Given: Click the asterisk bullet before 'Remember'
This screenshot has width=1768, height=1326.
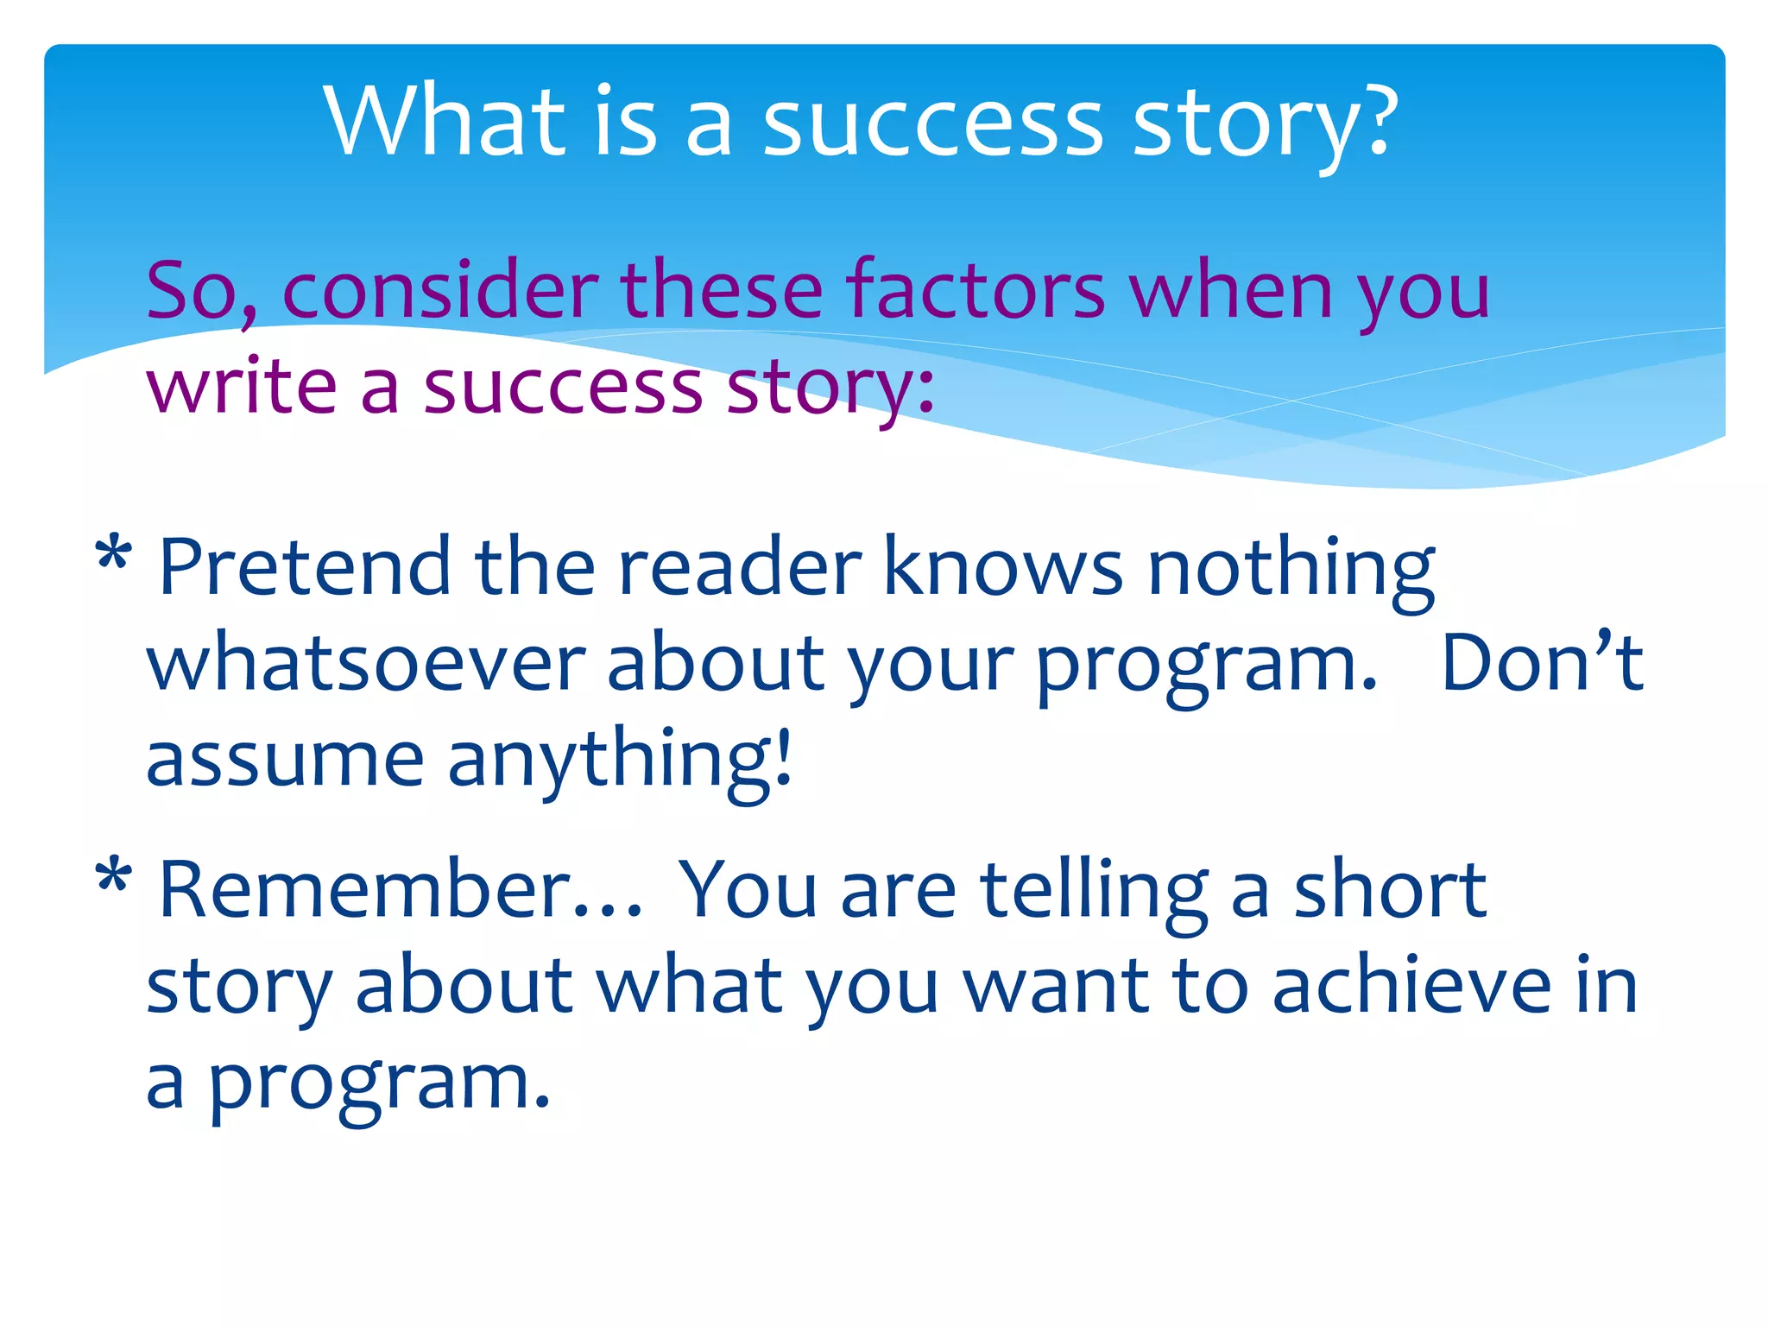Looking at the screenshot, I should (x=113, y=879).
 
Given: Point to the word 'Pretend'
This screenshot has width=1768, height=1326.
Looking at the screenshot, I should (x=305, y=566).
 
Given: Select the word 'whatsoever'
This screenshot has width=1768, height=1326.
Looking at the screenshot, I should (x=366, y=663).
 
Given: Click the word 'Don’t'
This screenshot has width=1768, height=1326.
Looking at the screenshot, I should (x=1542, y=663).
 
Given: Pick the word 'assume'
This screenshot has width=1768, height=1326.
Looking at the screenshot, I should (x=285, y=760).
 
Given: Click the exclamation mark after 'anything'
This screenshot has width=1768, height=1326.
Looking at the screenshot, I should (x=782, y=755).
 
